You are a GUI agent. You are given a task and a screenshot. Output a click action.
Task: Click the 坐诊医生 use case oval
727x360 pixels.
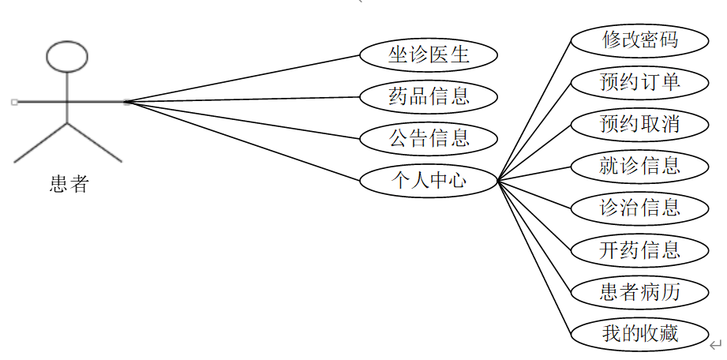click(429, 54)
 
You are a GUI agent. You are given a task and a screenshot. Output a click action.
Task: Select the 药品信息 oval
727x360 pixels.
click(429, 96)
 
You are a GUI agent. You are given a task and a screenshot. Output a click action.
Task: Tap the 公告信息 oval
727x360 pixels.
click(429, 138)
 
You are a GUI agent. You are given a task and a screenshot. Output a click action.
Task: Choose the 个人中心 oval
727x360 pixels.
click(429, 180)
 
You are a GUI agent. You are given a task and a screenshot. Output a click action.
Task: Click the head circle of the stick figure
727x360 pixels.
click(66, 57)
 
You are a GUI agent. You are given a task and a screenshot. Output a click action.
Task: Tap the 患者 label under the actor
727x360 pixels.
click(69, 185)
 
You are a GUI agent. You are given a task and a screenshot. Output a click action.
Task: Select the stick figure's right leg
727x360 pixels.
click(95, 143)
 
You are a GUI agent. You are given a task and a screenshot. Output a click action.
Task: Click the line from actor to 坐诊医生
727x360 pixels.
click(245, 78)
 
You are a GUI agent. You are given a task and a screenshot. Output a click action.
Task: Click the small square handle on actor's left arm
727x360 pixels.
click(14, 102)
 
